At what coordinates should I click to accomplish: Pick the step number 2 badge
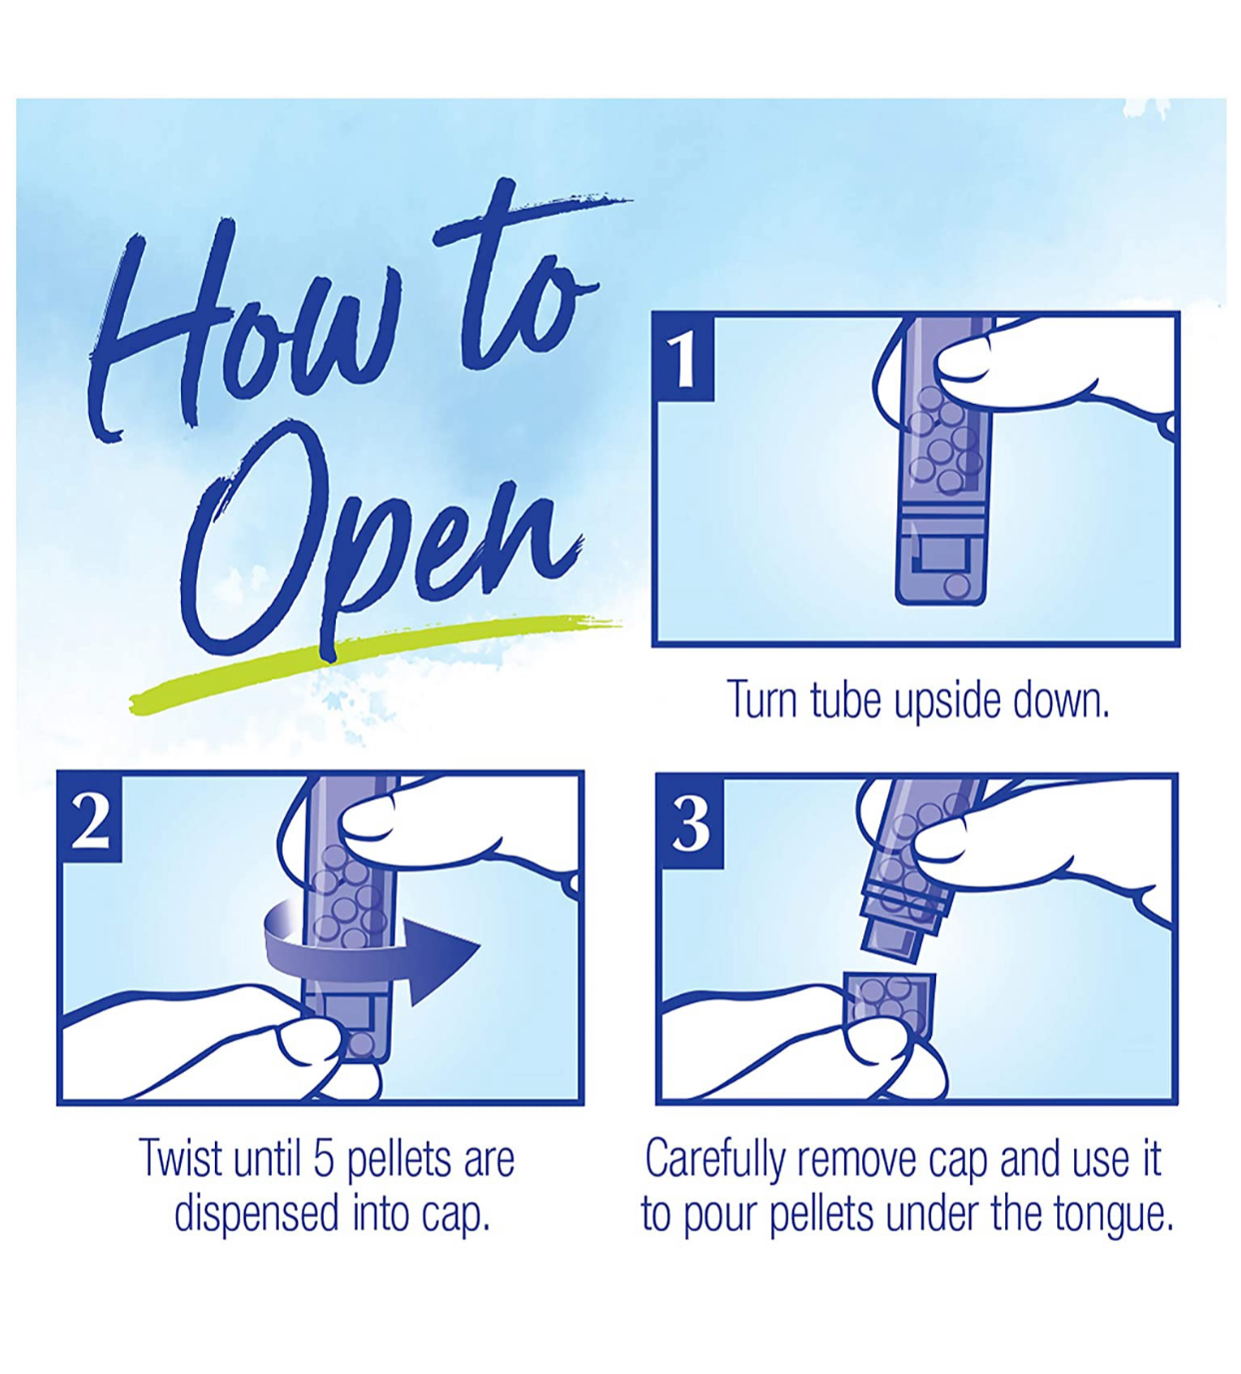pyautogui.click(x=91, y=817)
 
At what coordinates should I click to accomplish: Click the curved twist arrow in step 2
pyautogui.click(x=370, y=948)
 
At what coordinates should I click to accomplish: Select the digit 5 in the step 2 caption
pyautogui.click(x=324, y=1160)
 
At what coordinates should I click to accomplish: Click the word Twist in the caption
pyautogui.click(x=180, y=1159)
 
